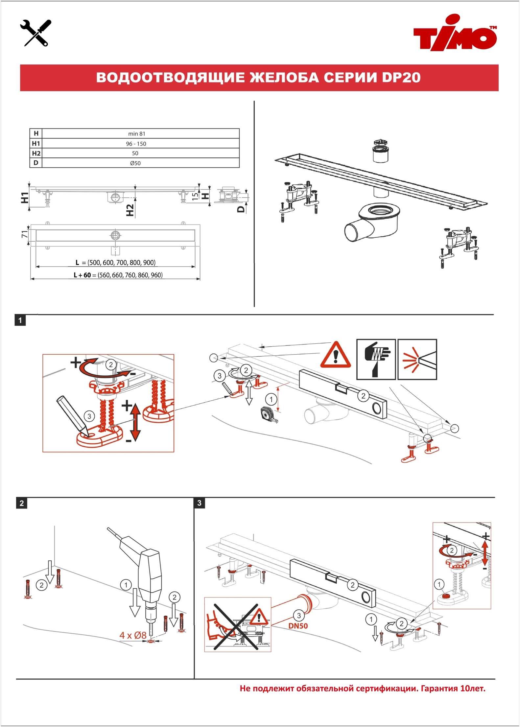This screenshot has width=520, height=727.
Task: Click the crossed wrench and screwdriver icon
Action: click(x=36, y=33)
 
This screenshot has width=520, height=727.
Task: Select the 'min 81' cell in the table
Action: click(x=137, y=134)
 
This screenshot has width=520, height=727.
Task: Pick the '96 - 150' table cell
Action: click(x=136, y=144)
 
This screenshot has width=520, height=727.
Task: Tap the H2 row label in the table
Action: click(x=36, y=153)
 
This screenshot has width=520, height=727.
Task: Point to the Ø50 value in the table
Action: click(x=135, y=163)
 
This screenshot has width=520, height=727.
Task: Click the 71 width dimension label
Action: click(x=25, y=234)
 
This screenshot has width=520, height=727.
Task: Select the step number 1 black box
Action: click(x=20, y=320)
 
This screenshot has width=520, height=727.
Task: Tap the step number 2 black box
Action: click(x=22, y=503)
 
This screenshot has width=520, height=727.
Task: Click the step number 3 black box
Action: click(x=200, y=503)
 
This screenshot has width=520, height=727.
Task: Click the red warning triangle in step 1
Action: click(x=336, y=356)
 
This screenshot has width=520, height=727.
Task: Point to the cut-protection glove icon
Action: click(x=376, y=359)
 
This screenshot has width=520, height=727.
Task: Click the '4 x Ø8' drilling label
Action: click(x=133, y=635)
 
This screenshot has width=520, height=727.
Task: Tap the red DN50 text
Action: click(x=298, y=626)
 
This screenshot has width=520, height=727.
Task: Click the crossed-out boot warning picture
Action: click(x=238, y=624)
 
